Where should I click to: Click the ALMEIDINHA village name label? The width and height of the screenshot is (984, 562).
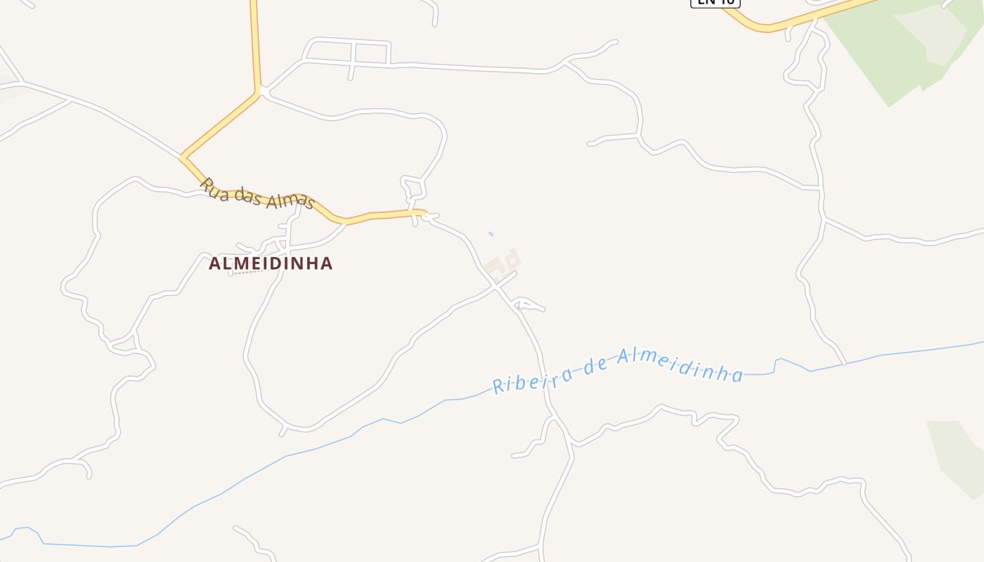pos(271,263)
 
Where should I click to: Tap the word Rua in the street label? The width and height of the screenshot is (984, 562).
pos(214,188)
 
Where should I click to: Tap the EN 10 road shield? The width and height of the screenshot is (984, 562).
pos(715,2)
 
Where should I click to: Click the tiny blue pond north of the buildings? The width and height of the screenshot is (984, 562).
pos(491,234)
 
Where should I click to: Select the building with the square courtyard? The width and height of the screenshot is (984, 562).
pos(513,261)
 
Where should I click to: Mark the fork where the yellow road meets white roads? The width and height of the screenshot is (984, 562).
pos(261,91)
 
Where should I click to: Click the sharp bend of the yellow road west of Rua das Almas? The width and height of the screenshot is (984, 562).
pos(183,157)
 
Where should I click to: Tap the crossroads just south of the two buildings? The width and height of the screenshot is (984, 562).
pos(497,287)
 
